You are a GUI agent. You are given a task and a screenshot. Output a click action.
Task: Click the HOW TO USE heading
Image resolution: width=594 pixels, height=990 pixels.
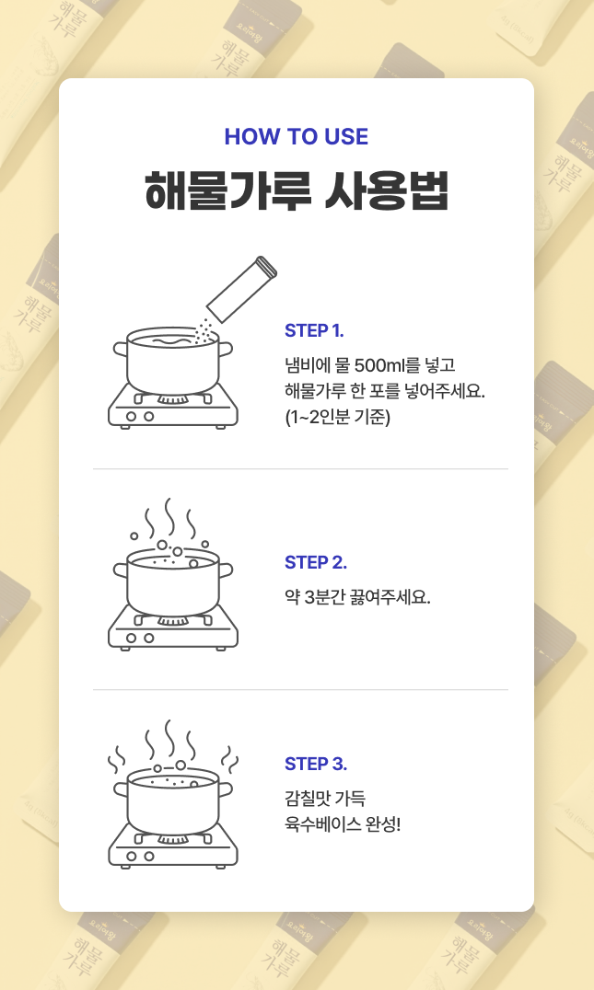(x=297, y=136)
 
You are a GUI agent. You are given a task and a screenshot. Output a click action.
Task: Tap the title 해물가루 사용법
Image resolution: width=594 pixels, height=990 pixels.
(x=297, y=190)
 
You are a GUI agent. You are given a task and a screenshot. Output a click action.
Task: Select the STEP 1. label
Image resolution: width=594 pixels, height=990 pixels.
(x=314, y=330)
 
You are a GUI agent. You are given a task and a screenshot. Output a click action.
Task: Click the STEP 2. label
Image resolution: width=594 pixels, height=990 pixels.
(x=315, y=562)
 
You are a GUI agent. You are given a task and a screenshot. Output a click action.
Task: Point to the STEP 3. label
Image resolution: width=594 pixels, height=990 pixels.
(x=315, y=764)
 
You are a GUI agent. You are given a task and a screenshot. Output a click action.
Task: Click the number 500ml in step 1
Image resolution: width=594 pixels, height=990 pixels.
(x=379, y=365)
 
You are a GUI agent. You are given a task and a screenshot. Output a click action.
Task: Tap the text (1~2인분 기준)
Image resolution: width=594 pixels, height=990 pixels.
(x=337, y=417)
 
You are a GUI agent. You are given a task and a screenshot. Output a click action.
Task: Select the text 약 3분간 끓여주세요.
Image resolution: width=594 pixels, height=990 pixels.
(x=357, y=596)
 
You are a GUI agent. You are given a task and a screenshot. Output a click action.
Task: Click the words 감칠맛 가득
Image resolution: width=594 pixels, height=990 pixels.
(x=325, y=798)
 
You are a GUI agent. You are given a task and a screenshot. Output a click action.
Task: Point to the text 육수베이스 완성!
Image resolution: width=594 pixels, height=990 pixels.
(x=343, y=824)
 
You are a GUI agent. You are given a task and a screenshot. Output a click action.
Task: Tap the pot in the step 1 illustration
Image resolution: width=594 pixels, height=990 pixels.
(x=172, y=361)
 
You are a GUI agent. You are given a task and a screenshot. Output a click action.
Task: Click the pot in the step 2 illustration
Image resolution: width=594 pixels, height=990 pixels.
(x=172, y=581)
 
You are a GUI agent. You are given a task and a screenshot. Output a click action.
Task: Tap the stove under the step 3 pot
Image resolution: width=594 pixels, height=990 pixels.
(x=172, y=848)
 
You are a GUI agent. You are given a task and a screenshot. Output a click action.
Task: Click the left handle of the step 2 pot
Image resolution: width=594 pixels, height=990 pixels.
(x=121, y=570)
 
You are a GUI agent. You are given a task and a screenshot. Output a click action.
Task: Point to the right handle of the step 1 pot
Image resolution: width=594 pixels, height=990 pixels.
(x=226, y=349)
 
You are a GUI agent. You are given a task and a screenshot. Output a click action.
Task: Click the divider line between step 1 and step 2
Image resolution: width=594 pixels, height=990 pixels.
(x=301, y=469)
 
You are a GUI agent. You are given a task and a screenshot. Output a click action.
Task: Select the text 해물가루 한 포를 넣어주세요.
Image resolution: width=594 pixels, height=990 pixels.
(x=385, y=391)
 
